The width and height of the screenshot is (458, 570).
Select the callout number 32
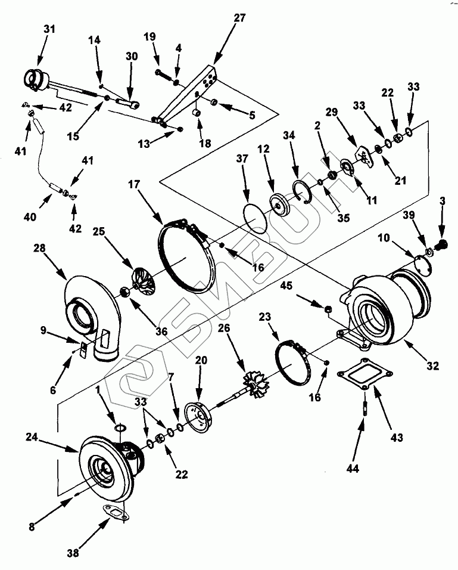tap(432, 365)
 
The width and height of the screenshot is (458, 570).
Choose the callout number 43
tap(397, 437)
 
